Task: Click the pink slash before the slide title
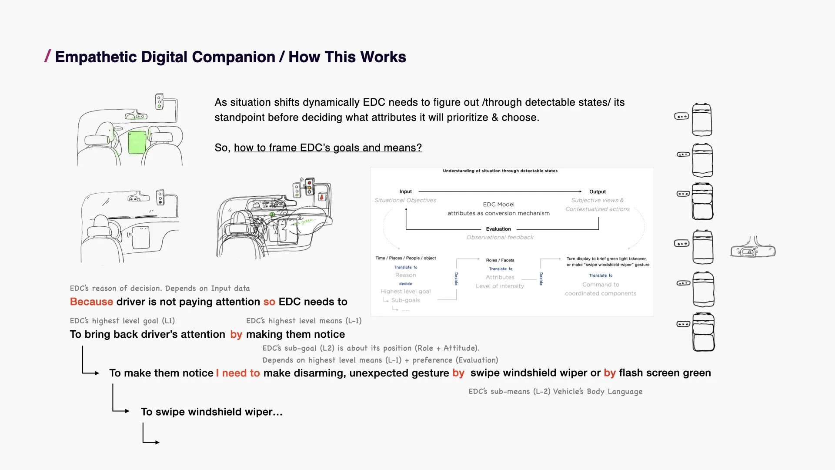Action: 47,56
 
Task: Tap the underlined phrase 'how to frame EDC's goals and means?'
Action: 327,148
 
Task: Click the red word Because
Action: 91,302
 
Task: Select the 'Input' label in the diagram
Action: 405,191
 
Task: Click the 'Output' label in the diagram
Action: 597,191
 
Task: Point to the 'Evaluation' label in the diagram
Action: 498,229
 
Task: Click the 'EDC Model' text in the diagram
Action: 498,205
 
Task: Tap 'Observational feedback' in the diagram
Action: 500,237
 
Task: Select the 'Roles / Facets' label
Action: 500,260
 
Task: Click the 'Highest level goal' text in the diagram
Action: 405,292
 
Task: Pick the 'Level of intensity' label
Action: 500,286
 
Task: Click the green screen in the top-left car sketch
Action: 137,142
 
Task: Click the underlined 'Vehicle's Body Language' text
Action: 598,391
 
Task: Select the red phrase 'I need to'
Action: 238,373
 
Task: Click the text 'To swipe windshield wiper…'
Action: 211,412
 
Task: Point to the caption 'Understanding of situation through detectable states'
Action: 500,171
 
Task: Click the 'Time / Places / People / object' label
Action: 405,258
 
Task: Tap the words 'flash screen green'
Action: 665,373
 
